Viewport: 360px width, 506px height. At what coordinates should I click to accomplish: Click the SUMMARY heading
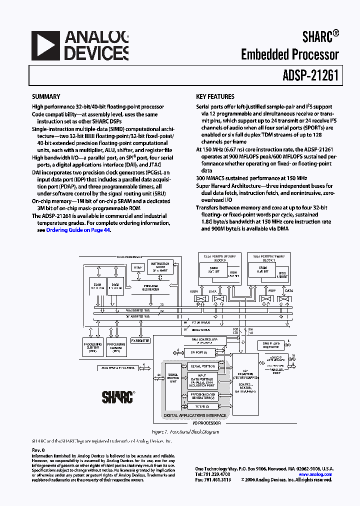46,96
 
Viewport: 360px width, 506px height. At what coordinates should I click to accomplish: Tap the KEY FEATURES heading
215,96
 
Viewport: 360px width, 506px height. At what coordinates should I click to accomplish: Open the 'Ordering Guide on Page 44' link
78,230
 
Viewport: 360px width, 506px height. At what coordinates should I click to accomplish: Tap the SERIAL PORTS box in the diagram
202,366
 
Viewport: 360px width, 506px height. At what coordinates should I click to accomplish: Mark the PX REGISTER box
140,340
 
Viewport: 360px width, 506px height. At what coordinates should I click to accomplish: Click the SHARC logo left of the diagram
117,397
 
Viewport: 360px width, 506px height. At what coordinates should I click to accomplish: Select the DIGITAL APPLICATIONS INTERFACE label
195,415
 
